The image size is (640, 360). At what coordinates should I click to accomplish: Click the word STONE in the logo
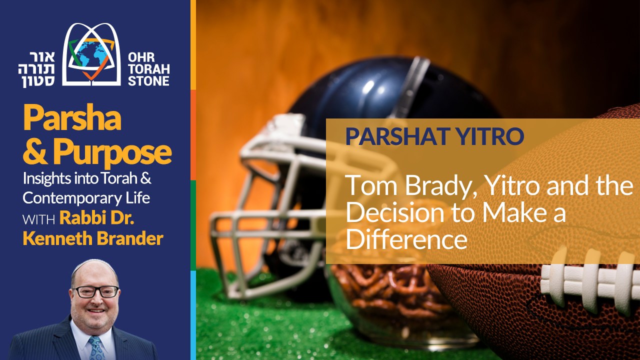point(148,81)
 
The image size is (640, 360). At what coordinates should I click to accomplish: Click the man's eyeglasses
point(94,291)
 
